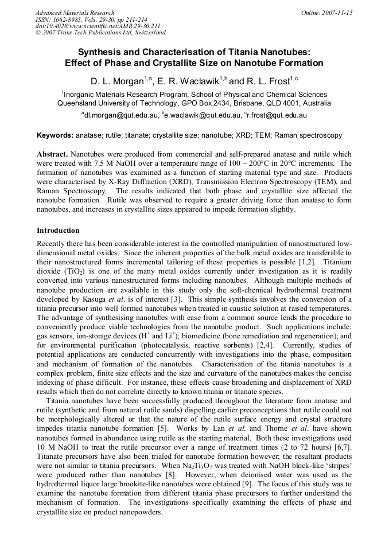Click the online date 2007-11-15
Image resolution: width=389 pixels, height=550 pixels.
[337, 12]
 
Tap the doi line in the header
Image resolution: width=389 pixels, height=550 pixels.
[98, 26]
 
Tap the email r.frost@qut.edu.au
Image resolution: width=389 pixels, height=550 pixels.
[277, 115]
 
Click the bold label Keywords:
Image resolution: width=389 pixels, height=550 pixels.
[55, 135]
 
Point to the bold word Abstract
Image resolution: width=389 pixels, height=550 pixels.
[52, 155]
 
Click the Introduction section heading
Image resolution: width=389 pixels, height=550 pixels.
[58, 231]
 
